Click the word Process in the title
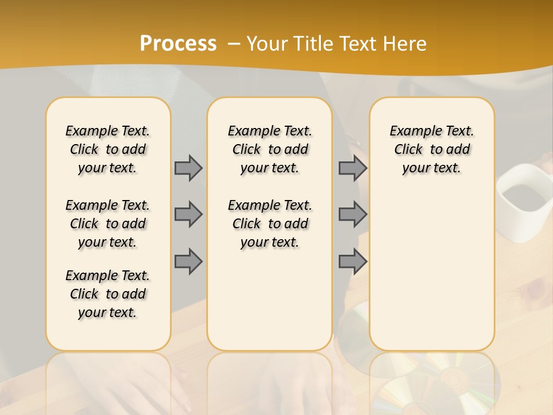click(178, 43)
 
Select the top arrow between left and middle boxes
click(188, 168)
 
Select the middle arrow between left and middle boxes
click(188, 214)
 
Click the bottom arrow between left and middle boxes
click(188, 261)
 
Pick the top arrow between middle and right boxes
click(353, 168)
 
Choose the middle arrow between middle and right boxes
click(353, 214)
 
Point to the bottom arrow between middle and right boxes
click(353, 261)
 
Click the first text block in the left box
click(108, 149)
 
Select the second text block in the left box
click(108, 224)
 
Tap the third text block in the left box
click(108, 294)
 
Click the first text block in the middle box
click(270, 149)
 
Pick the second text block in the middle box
click(270, 224)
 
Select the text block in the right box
click(431, 149)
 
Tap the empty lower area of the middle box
click(270, 300)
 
